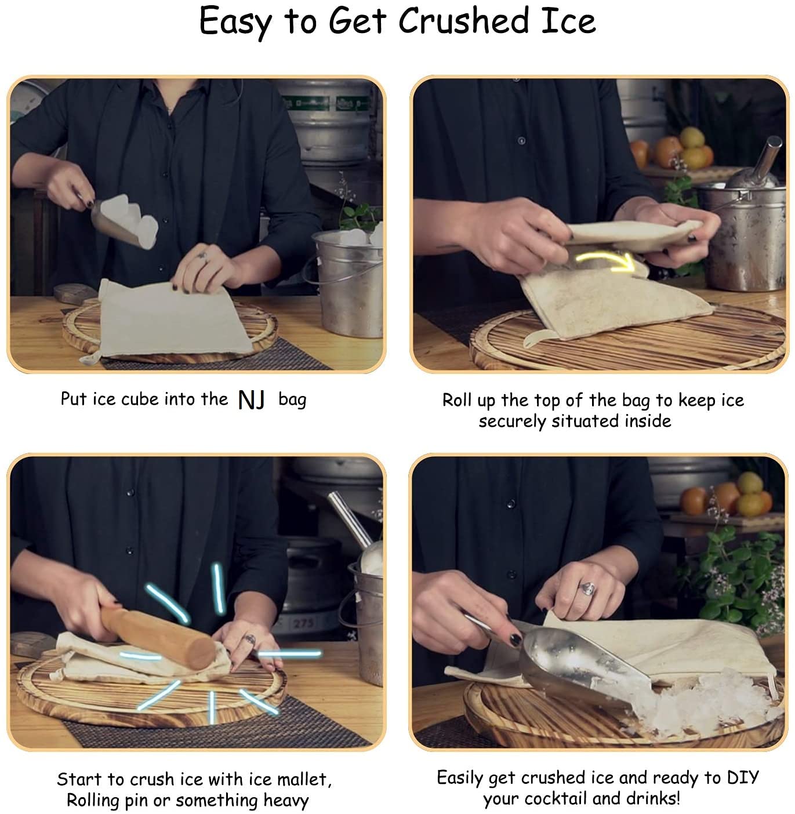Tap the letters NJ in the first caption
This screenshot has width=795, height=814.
coord(252,400)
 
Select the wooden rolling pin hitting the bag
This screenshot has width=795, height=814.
coord(158,637)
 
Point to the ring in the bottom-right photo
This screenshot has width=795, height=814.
coord(588,589)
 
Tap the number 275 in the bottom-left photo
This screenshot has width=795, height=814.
coord(303,624)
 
